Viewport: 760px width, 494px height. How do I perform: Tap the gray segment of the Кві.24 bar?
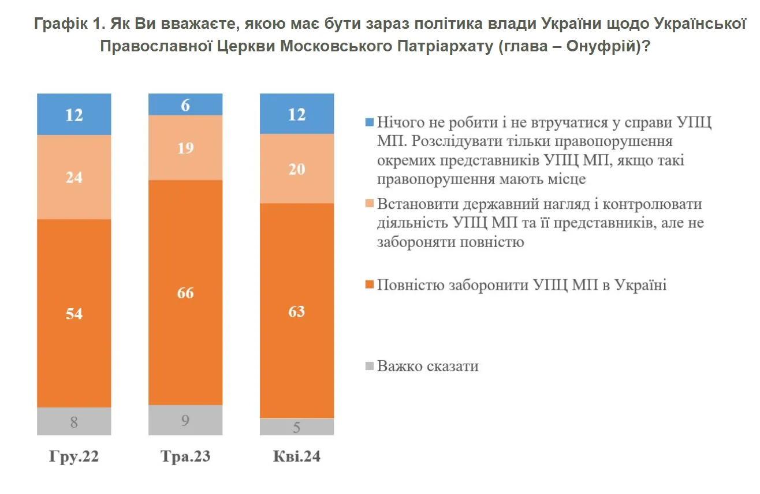(x=297, y=427)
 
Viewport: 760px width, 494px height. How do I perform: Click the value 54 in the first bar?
(x=74, y=314)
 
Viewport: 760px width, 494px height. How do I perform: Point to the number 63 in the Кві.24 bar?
(x=297, y=312)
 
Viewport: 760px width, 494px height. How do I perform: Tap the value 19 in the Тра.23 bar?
(x=185, y=148)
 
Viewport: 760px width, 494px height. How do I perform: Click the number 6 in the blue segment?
(x=185, y=105)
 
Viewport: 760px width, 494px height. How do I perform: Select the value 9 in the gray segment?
(x=185, y=421)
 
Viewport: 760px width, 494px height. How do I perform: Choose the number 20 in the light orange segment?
(x=297, y=169)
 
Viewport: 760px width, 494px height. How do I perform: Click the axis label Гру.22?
(x=74, y=457)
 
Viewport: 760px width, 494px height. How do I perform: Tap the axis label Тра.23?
(x=185, y=457)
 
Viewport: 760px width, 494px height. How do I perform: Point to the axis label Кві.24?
(x=297, y=457)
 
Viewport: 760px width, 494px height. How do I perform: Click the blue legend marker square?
(x=370, y=123)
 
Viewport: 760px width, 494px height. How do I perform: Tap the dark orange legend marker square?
(x=370, y=285)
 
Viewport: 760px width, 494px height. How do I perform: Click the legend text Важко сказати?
(x=428, y=366)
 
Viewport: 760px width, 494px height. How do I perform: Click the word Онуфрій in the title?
(x=601, y=47)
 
